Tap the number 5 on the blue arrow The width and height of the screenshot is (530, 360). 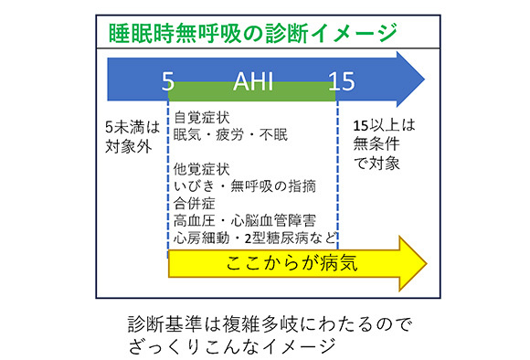(x=167, y=81)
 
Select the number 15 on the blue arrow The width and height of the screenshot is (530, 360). (x=343, y=81)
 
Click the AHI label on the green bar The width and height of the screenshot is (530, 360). (x=254, y=81)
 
